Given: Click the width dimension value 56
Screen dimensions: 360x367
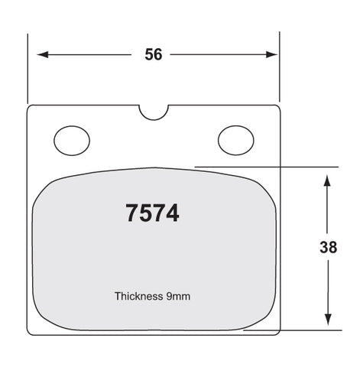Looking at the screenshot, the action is click(x=154, y=54).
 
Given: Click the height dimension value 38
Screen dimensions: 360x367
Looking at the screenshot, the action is click(x=328, y=247).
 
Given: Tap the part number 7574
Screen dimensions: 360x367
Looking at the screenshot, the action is click(x=152, y=213).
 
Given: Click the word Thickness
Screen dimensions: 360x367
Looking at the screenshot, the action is click(x=138, y=296).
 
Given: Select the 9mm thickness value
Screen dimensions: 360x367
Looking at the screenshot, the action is click(x=178, y=297).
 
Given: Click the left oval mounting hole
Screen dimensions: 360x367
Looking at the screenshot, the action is click(x=72, y=141).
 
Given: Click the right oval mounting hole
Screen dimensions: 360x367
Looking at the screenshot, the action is click(x=236, y=141).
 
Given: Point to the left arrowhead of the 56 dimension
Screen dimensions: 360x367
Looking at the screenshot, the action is click(x=43, y=54).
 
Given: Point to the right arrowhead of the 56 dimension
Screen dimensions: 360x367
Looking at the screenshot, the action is click(x=271, y=54).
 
